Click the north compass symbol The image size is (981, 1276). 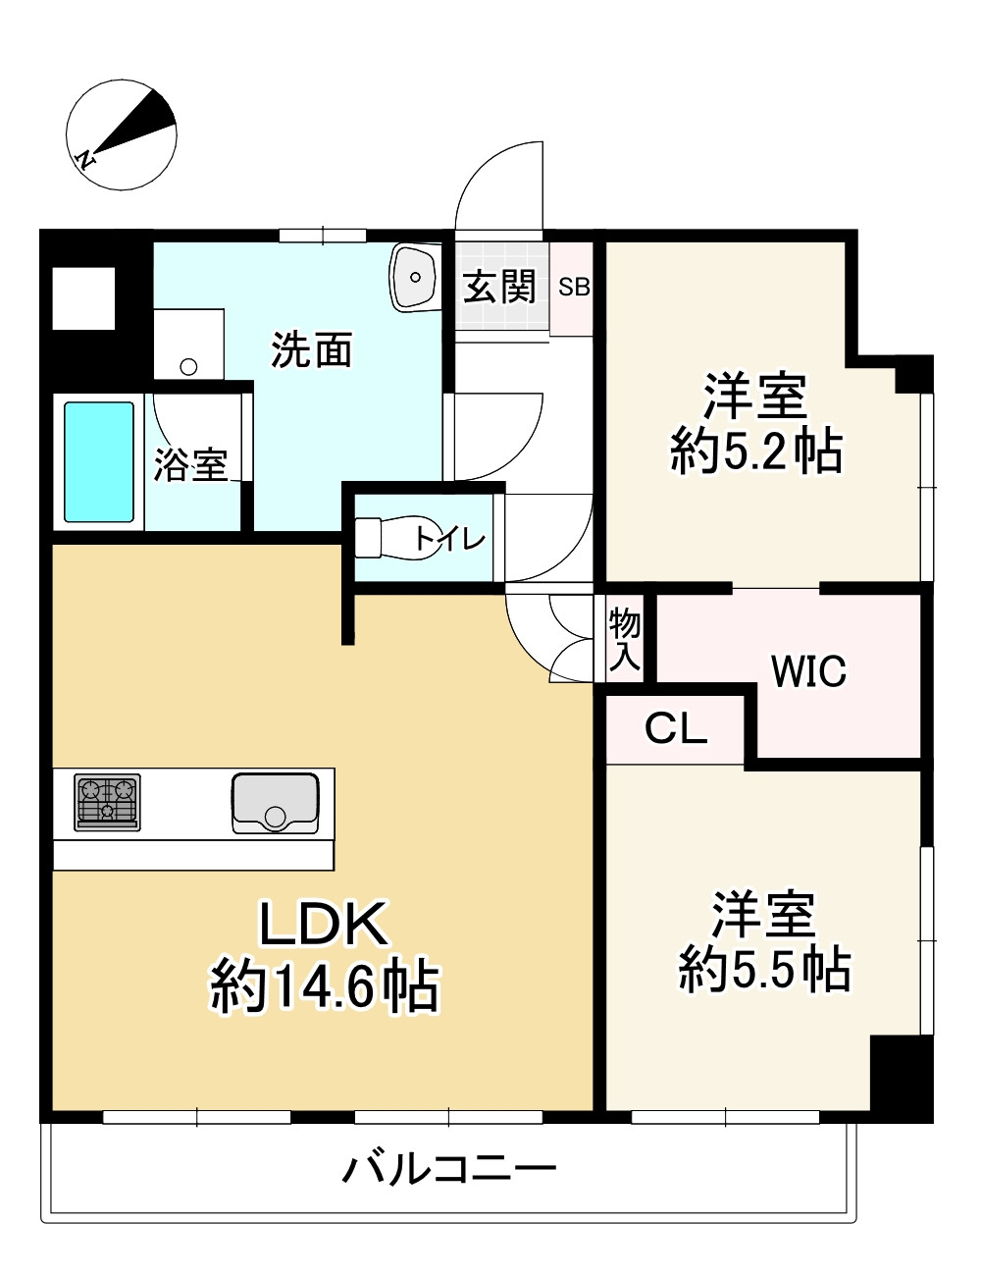(121, 136)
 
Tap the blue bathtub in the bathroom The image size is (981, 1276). (99, 461)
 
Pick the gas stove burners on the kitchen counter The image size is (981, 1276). (107, 801)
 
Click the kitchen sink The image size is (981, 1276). (276, 803)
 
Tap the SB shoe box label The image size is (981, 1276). (574, 288)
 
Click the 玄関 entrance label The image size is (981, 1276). (500, 287)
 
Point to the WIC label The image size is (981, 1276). (808, 672)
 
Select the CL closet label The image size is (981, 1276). (676, 728)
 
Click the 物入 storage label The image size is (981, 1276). (625, 640)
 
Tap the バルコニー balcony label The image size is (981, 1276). (449, 1169)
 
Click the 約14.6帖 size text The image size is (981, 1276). (325, 985)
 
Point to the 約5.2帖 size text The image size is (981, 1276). (756, 452)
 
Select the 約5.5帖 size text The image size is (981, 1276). (764, 969)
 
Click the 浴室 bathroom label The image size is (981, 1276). (190, 464)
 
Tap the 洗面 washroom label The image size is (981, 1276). (312, 349)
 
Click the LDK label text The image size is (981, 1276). (325, 924)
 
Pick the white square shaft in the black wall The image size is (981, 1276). (83, 298)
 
